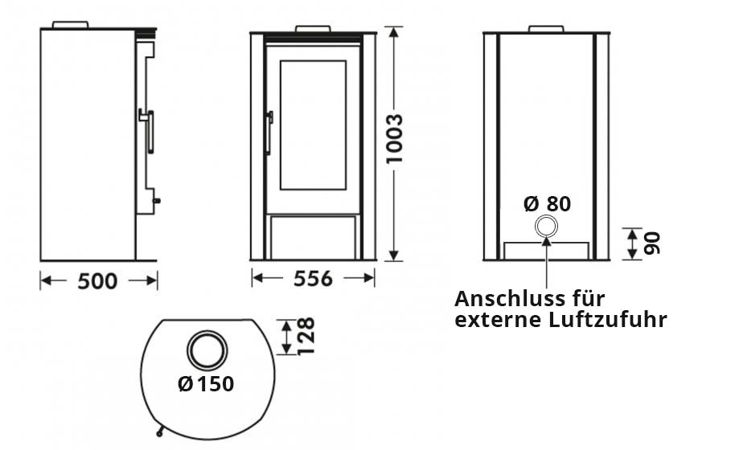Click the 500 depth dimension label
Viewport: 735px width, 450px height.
[x=97, y=281]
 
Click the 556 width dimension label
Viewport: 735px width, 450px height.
[x=312, y=279]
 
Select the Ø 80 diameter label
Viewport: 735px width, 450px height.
[x=547, y=204]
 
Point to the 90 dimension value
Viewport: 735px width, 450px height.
[x=652, y=242]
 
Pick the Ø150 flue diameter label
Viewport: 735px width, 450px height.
[x=207, y=384]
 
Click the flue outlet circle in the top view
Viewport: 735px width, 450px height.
[x=207, y=350]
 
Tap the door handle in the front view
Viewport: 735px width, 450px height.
[x=269, y=130]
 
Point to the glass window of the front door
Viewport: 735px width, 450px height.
[x=312, y=125]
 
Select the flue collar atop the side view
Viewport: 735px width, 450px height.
[x=70, y=25]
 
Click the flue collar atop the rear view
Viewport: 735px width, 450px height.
[x=546, y=29]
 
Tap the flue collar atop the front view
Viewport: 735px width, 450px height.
[x=312, y=29]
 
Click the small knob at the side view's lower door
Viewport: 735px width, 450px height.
[x=157, y=200]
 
